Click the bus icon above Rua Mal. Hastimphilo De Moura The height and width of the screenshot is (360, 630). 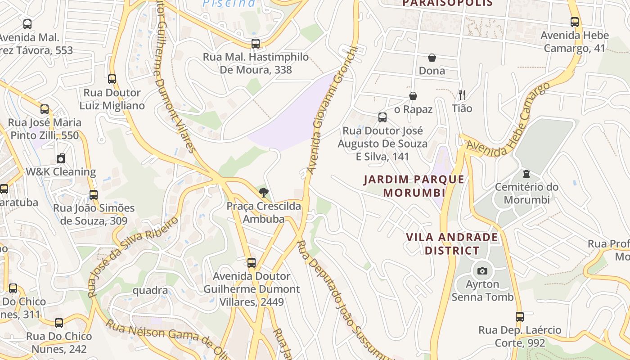pyautogui.click(x=255, y=44)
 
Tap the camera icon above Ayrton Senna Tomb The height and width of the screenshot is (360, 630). pyautogui.click(x=482, y=271)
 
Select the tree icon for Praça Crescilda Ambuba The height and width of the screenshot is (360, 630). pyautogui.click(x=264, y=193)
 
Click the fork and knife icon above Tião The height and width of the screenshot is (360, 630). pyautogui.click(x=462, y=94)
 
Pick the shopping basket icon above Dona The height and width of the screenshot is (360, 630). pyautogui.click(x=432, y=58)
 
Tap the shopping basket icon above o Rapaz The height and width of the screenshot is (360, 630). pyautogui.click(x=413, y=96)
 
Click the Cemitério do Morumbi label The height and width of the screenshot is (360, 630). pyautogui.click(x=526, y=193)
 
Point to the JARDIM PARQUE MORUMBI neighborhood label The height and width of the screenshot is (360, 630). pyautogui.click(x=414, y=186)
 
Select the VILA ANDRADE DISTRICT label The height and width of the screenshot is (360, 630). pyautogui.click(x=452, y=244)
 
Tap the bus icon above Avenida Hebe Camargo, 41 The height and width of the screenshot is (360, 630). pyautogui.click(x=575, y=22)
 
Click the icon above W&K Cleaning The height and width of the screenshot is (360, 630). pyautogui.click(x=61, y=158)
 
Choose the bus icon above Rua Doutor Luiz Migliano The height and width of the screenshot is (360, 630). pyautogui.click(x=112, y=80)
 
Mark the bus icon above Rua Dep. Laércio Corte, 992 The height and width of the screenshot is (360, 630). pyautogui.click(x=520, y=316)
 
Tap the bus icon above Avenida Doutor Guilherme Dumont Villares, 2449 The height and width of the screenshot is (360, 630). pyautogui.click(x=252, y=263)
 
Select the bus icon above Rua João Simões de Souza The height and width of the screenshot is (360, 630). pyautogui.click(x=94, y=195)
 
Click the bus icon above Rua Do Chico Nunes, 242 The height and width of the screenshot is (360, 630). pyautogui.click(x=59, y=323)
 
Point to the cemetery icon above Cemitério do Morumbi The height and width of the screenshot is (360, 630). pyautogui.click(x=526, y=174)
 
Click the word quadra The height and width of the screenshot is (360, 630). pyautogui.click(x=150, y=291)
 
